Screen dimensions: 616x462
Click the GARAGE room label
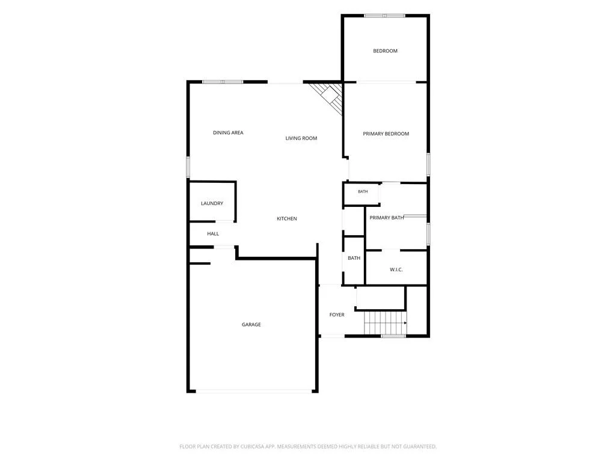251,324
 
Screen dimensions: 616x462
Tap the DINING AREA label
228,133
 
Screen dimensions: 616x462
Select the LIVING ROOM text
301,138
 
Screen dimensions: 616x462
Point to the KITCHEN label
287,219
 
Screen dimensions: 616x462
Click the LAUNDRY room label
212,203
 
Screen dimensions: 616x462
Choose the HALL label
213,234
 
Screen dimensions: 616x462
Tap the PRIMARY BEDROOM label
386,134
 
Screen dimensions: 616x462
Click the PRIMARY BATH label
387,218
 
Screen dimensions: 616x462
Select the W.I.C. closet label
396,269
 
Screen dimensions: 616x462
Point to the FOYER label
337,315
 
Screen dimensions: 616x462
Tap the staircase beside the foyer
385,323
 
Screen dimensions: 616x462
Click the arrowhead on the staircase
405,323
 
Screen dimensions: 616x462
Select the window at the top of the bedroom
384,16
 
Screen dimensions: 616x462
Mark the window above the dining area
223,82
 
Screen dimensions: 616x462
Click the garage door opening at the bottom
254,391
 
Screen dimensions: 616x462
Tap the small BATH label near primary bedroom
363,192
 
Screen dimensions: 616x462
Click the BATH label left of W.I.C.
354,258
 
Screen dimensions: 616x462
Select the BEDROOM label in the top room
385,51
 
